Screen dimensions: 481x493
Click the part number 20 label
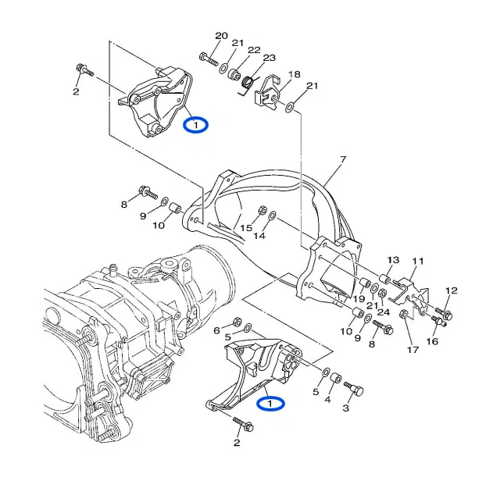tap(221, 36)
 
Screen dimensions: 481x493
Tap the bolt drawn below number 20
tap(207, 58)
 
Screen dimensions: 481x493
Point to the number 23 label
tap(269, 58)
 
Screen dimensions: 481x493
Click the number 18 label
tap(294, 74)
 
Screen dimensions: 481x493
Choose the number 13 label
tap(393, 260)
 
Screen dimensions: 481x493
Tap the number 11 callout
tap(417, 261)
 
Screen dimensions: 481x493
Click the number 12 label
tap(449, 290)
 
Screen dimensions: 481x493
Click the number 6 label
tap(218, 330)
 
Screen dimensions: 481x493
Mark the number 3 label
tap(346, 408)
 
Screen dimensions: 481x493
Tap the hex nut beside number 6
tap(237, 322)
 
